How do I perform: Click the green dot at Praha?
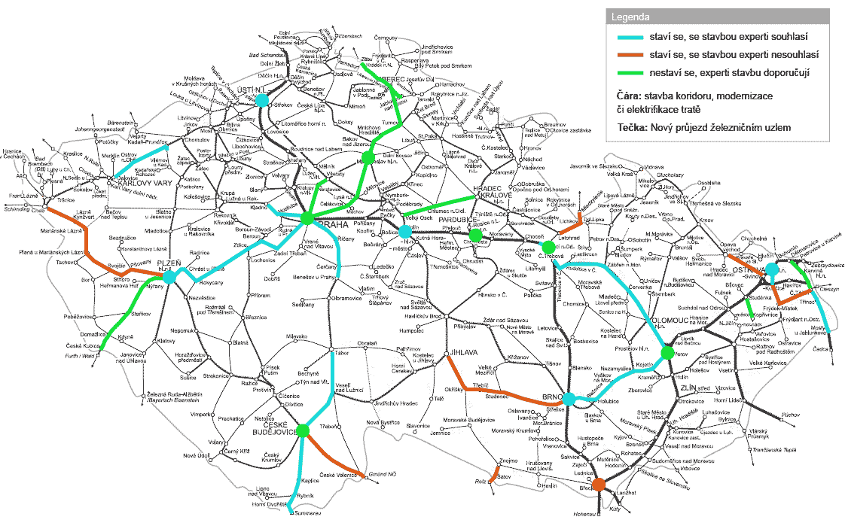click(307, 218)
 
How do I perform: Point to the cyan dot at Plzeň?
click(169, 278)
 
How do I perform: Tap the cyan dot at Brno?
click(569, 399)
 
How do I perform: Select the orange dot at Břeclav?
click(599, 483)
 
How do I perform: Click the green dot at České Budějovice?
click(303, 430)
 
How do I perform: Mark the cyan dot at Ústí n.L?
click(261, 100)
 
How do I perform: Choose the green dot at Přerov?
click(667, 352)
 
